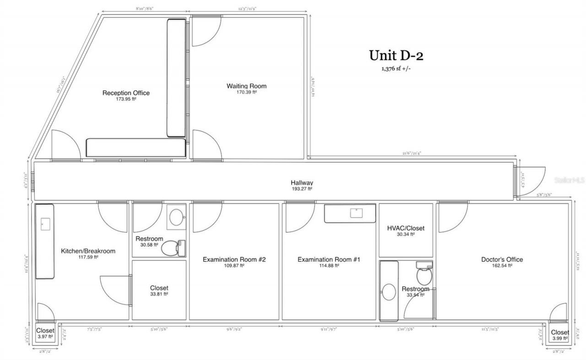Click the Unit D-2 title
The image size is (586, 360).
coord(396,55)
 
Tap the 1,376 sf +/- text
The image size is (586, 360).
coord(396,69)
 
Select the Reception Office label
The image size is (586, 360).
coord(126,93)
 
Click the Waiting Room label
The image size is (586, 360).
coord(246,86)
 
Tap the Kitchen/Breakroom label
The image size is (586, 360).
coord(88,251)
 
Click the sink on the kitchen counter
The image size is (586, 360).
coord(45,224)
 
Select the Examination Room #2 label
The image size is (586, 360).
coord(234,260)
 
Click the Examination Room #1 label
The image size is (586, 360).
coord(329,260)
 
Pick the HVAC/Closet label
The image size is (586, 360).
coord(406,228)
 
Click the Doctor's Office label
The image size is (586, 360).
coord(502,260)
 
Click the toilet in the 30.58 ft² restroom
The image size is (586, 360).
coord(173,248)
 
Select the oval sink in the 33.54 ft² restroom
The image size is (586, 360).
coord(389,292)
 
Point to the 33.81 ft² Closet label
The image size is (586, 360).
coord(159,288)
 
